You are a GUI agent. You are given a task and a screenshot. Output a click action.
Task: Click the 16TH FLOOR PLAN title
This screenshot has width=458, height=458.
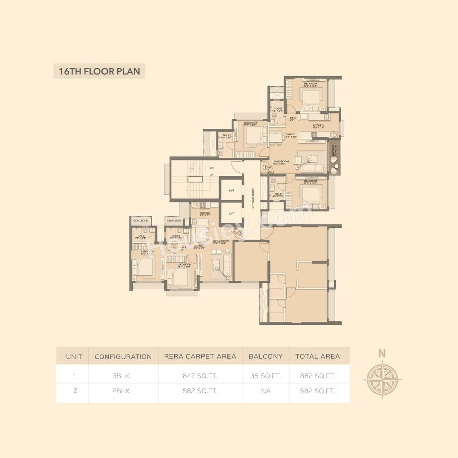coord(99,71)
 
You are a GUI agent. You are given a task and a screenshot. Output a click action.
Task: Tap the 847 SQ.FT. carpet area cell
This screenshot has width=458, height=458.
coord(200,376)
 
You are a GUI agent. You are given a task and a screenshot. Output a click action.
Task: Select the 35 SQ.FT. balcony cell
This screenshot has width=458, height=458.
coord(265,376)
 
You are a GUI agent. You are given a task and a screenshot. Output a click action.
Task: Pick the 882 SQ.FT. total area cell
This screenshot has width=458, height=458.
coord(317,376)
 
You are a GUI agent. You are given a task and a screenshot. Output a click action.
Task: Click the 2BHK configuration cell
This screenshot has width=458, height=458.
coord(121,391)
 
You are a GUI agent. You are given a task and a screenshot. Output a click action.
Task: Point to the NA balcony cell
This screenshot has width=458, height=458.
coord(265,391)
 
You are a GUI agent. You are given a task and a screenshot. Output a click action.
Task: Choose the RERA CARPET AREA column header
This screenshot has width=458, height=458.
coord(200,356)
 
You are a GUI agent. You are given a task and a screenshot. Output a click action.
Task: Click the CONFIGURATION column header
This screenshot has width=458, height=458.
coord(123,357)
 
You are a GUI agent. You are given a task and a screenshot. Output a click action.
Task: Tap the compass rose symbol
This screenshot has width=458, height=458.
coord(382,379)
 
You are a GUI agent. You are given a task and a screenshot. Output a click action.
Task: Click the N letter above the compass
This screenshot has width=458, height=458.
coord(382,354)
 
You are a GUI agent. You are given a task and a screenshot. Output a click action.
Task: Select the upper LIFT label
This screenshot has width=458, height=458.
coord(232,190)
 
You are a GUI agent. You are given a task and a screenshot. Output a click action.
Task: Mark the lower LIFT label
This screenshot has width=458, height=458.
coord(232,213)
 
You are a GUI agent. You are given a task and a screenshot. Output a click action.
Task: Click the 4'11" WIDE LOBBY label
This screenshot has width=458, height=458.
coord(253,198)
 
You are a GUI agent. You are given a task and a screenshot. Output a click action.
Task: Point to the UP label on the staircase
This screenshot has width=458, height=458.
coord(211,175)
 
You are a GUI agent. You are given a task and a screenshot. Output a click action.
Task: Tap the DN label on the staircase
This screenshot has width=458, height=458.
coord(211,167)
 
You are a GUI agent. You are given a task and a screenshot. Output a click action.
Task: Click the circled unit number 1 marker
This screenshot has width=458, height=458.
coord(265,167)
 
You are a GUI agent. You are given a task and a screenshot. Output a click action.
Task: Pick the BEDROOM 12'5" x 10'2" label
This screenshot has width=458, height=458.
coord(311,85)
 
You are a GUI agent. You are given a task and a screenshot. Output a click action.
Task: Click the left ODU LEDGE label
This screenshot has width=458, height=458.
coord(140,220)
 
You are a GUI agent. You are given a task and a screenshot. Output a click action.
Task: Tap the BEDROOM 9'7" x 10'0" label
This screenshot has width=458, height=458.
coord(184,265)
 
